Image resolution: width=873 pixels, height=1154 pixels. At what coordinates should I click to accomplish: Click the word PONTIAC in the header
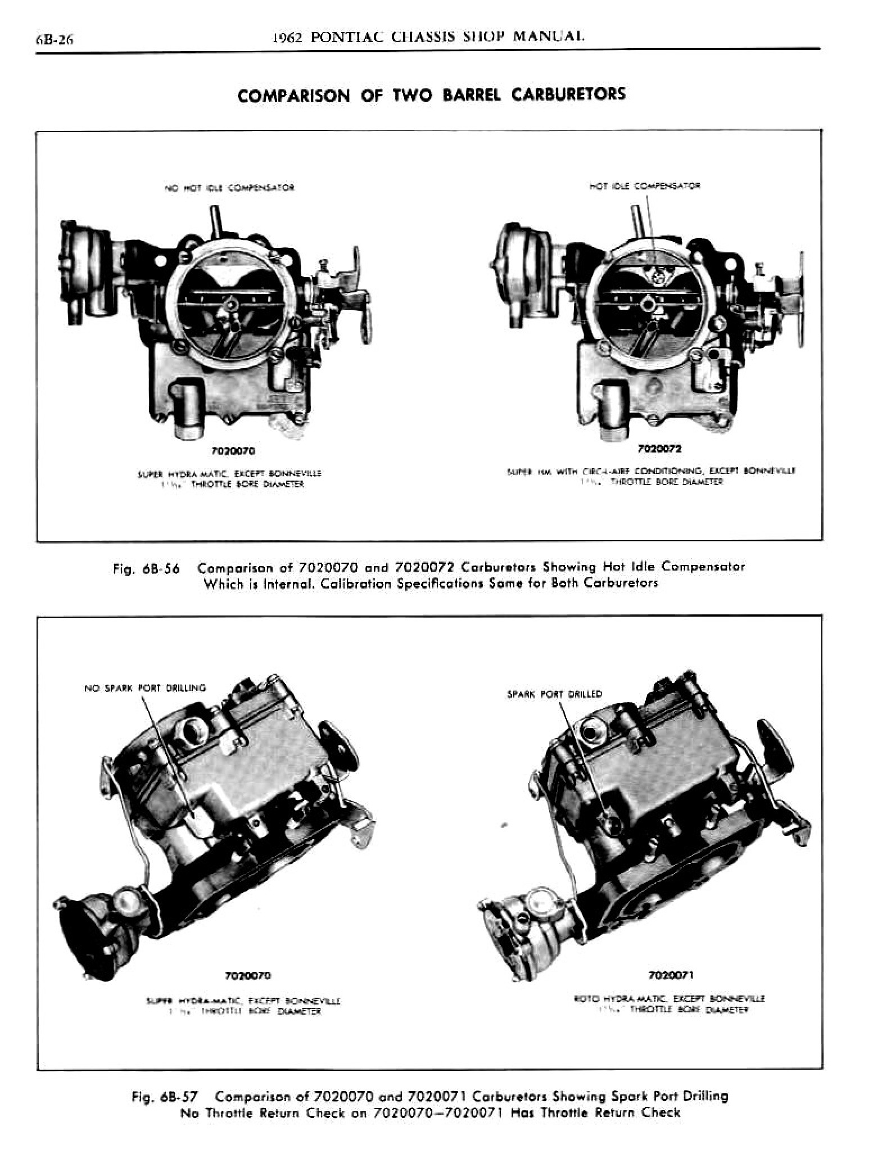coord(346,37)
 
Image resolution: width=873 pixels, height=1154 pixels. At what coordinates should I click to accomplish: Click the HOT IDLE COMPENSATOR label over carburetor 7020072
coord(644,185)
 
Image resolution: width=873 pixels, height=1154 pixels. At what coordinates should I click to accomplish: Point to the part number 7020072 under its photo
coord(660,449)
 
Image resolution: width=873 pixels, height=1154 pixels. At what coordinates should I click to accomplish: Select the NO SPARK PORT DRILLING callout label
coord(145,688)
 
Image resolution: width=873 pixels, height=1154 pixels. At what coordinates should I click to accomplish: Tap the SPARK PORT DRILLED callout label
coord(554,694)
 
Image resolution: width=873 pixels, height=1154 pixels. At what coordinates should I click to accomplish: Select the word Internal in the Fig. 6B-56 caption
coord(275,583)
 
